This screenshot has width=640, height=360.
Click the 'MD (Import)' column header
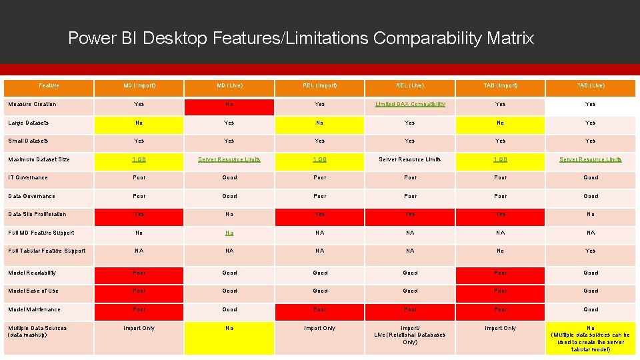pyautogui.click(x=139, y=86)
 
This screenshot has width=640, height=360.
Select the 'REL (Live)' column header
pyautogui.click(x=410, y=86)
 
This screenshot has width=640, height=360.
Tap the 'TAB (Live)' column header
pyautogui.click(x=591, y=86)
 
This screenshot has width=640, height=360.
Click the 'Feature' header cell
pyautogui.click(x=49, y=86)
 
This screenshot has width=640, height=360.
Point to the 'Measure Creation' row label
pyautogui.click(x=32, y=105)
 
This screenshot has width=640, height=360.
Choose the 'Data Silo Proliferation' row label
pyautogui.click(x=37, y=215)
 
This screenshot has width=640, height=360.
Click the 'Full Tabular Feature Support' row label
pyautogui.click(x=47, y=251)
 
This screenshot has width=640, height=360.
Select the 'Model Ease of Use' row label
pyautogui.click(x=33, y=291)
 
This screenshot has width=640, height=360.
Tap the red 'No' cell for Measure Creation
pyautogui.click(x=229, y=105)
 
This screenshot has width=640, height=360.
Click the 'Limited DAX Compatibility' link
pyautogui.click(x=410, y=105)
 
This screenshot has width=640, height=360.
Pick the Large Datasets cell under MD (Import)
pyautogui.click(x=139, y=123)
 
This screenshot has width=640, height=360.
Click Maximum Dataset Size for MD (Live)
pyautogui.click(x=229, y=160)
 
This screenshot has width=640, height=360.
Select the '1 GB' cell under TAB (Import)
pyautogui.click(x=501, y=160)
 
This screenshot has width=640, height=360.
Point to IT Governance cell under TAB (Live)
pyautogui.click(x=591, y=178)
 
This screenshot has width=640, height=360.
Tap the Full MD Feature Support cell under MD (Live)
pyautogui.click(x=229, y=233)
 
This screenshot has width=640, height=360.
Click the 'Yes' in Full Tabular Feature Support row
pyautogui.click(x=591, y=251)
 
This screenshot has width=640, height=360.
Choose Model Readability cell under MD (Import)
pyautogui.click(x=139, y=273)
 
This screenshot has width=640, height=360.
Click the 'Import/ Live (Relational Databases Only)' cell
pyautogui.click(x=410, y=335)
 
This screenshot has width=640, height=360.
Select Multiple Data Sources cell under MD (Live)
pyautogui.click(x=229, y=329)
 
